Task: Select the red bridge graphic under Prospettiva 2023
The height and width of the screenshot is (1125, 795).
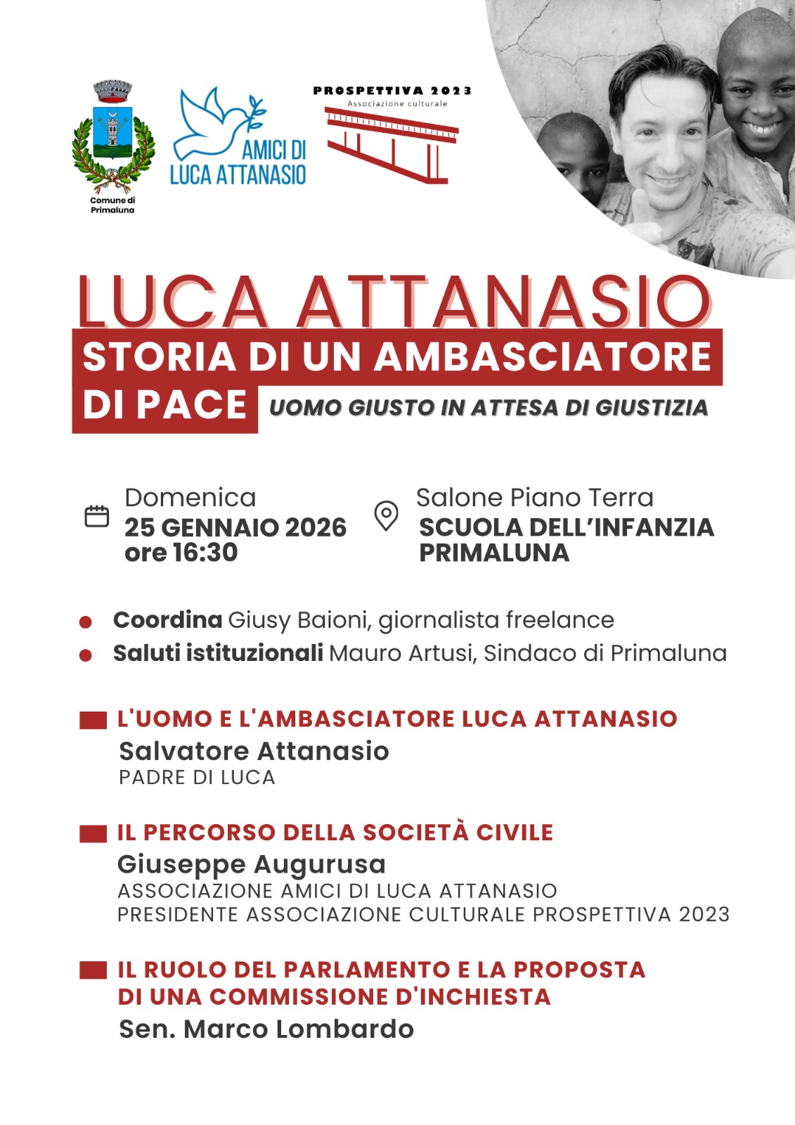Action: click(392, 144)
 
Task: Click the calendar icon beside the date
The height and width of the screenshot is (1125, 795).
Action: click(97, 516)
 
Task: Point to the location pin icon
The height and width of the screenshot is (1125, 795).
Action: click(386, 515)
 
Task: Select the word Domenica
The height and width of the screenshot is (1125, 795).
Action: click(190, 498)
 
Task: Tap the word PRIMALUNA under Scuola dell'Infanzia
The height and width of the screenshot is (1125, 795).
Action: click(493, 553)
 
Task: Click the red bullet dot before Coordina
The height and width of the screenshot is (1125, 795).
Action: click(86, 622)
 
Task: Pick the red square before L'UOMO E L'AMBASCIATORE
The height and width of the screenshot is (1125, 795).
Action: click(93, 719)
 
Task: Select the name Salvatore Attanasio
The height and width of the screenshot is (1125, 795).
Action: click(254, 751)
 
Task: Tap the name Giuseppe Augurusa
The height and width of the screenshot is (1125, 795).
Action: click(251, 864)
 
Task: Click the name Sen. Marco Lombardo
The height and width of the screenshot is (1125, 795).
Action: click(266, 1029)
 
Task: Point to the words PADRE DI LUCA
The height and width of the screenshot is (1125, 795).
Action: click(197, 778)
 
